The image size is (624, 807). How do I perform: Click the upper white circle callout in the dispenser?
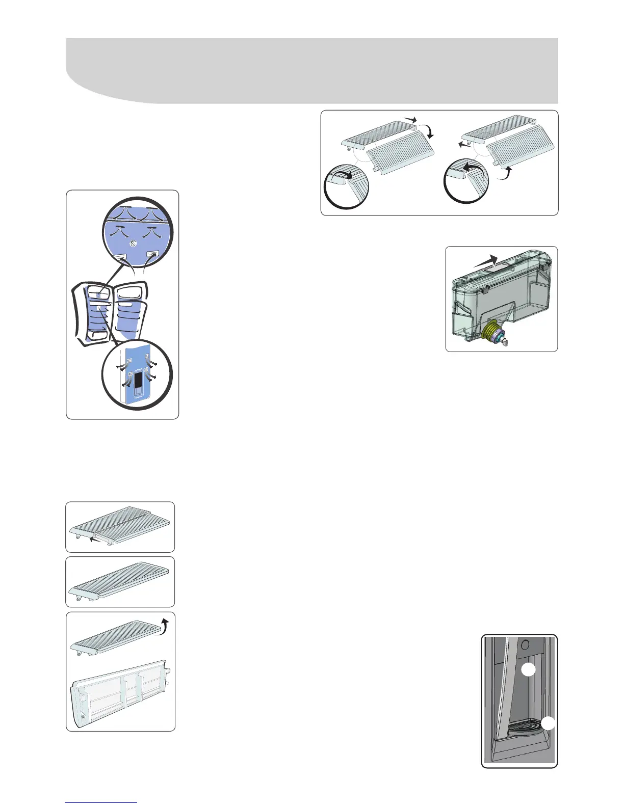[529, 670]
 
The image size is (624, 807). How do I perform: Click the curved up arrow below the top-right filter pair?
[505, 175]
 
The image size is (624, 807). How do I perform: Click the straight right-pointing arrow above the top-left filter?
[409, 119]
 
